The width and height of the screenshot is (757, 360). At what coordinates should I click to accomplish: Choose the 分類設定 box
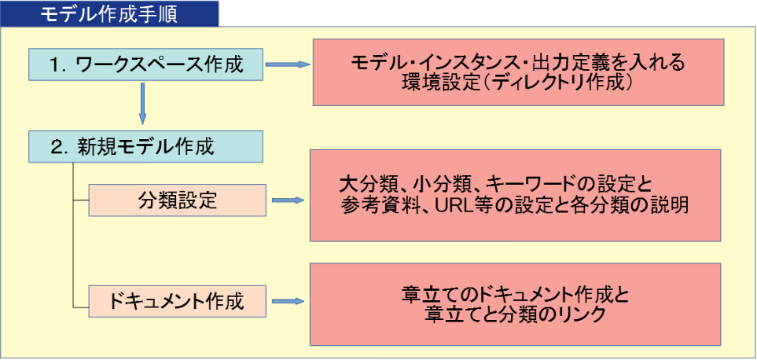pos(177,200)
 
